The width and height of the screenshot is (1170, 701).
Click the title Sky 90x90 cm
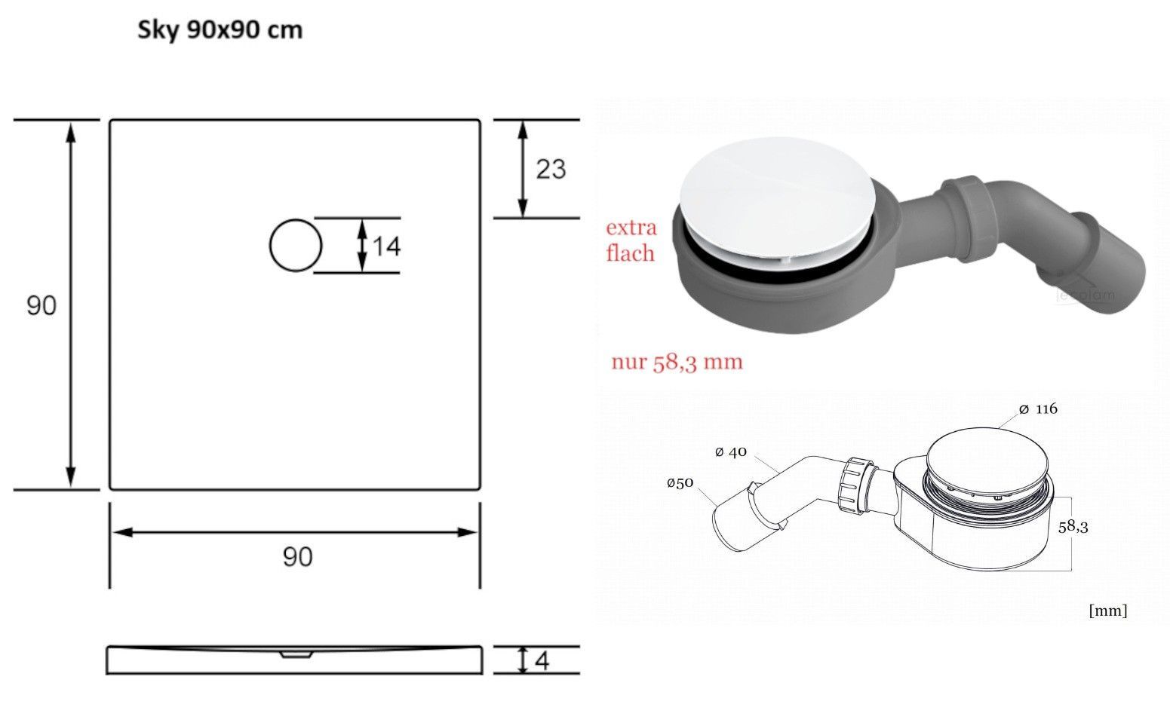tap(220, 30)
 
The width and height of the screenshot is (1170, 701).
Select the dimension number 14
tap(386, 246)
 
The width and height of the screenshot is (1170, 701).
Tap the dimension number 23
tap(551, 169)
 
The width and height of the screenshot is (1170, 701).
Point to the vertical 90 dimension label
tap(41, 305)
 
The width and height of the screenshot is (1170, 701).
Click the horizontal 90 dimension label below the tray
tap(298, 556)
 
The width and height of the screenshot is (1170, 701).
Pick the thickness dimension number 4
tap(542, 661)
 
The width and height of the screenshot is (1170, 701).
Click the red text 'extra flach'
tap(631, 240)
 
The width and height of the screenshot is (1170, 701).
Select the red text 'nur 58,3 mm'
tap(677, 362)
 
